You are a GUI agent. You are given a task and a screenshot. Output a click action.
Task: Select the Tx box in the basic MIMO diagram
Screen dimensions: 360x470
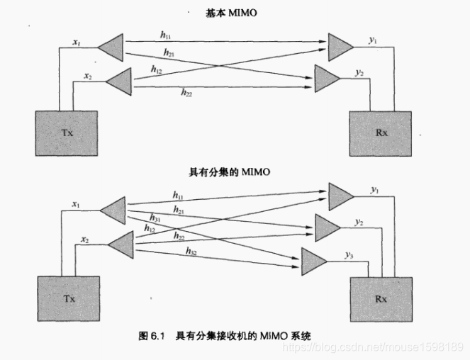(x=65, y=133)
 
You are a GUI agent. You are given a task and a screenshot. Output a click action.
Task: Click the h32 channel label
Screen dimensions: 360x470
(x=191, y=251)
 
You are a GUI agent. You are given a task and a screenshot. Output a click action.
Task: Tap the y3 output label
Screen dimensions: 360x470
(x=348, y=254)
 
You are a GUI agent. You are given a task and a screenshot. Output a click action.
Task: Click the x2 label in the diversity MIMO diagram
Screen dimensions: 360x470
(x=85, y=240)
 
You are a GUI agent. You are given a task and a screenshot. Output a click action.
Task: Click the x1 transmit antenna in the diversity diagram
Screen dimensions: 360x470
(x=113, y=209)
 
